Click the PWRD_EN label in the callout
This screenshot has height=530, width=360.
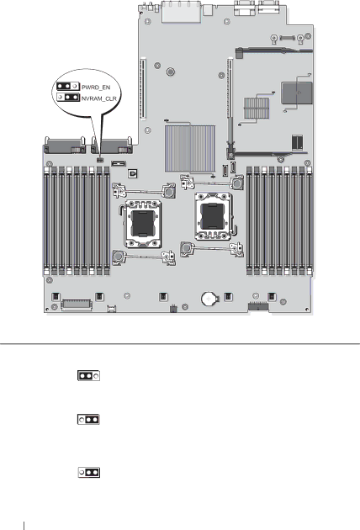tap(96, 87)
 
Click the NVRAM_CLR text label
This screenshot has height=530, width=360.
tap(99, 98)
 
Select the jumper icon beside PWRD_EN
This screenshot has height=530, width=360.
tap(67, 86)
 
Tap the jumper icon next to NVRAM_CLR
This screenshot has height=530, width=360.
tap(68, 98)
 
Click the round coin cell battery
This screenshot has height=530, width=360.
tap(209, 299)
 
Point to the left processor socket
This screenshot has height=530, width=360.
tap(143, 223)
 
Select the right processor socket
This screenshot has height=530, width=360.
tap(213, 216)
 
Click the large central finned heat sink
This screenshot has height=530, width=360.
tap(190, 148)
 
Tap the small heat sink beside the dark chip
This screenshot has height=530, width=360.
tap(257, 109)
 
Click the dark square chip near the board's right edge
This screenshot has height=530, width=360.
tap(297, 93)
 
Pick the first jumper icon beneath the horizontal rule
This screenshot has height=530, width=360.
tap(88, 375)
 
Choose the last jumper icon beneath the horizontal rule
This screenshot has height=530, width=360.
tap(89, 472)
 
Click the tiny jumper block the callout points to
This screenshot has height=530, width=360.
tap(99, 160)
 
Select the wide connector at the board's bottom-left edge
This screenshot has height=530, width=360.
tap(77, 305)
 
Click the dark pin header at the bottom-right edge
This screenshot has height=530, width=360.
tap(258, 307)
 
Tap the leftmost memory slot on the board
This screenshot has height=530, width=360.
tap(46, 220)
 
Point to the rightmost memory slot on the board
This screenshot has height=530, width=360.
tap(309, 220)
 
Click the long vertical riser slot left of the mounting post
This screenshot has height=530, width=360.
tap(143, 88)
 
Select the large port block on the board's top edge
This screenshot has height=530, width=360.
tap(182, 12)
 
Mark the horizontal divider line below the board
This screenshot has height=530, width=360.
tap(180, 344)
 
